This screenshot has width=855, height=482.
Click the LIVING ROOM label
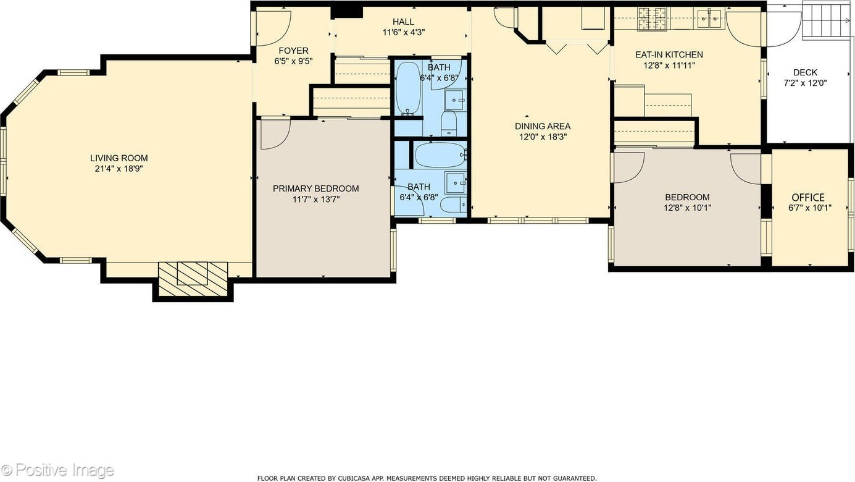click(x=119, y=158)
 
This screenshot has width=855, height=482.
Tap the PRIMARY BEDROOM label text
click(x=315, y=188)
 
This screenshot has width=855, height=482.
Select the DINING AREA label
click(x=543, y=127)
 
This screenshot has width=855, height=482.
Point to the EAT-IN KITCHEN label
click(x=669, y=54)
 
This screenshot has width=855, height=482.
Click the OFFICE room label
click(x=808, y=198)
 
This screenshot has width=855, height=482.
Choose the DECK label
click(x=806, y=72)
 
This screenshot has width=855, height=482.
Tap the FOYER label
click(x=293, y=51)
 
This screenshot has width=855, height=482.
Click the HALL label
click(x=404, y=22)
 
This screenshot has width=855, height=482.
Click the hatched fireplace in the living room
click(x=193, y=279)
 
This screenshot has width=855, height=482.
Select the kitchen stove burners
click(x=653, y=19)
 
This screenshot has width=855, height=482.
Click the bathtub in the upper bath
click(x=409, y=88)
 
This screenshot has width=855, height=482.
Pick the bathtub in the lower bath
click(x=441, y=155)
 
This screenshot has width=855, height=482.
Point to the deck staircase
click(x=827, y=20)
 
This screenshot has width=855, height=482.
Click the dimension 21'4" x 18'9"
click(x=119, y=169)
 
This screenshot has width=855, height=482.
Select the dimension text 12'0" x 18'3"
click(x=543, y=137)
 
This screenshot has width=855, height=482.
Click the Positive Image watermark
click(x=57, y=470)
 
